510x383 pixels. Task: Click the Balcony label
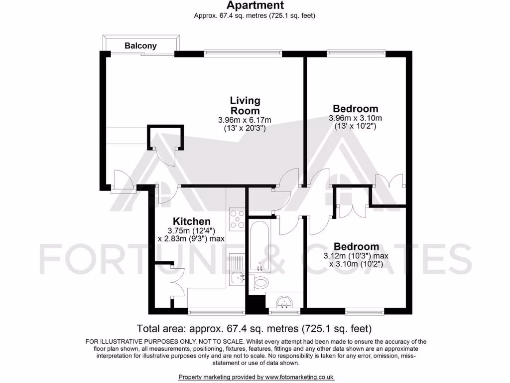140,46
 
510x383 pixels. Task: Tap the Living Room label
245,106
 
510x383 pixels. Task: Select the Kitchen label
191,221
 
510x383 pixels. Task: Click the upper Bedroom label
355,109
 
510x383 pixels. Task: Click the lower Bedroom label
356,247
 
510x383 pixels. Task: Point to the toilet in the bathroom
259,282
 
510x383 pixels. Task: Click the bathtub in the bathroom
259,244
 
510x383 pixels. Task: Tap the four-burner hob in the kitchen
237,218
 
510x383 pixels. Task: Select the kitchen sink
237,276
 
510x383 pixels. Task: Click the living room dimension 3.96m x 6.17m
245,120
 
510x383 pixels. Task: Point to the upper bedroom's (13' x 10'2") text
355,127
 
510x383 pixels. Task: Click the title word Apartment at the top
255,5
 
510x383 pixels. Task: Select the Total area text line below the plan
255,329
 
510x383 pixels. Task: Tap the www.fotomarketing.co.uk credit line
256,377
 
